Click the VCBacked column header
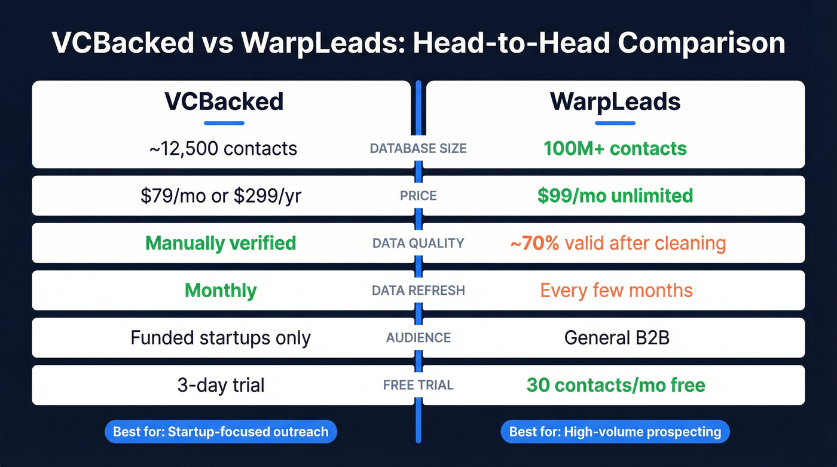(224, 102)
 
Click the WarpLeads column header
(615, 102)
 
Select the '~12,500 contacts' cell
(223, 148)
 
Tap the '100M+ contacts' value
(615, 148)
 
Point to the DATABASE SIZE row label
(418, 148)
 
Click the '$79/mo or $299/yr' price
(221, 196)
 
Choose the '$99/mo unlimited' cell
(615, 196)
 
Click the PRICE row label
(418, 196)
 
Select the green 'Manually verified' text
(221, 243)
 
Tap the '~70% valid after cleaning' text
(617, 243)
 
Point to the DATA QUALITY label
(418, 243)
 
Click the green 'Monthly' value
(221, 291)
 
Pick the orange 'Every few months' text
(616, 291)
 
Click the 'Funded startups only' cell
(221, 338)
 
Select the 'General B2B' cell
(616, 338)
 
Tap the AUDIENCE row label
(418, 338)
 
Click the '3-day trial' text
(221, 385)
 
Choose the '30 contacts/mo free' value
(616, 385)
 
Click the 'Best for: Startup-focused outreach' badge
(221, 432)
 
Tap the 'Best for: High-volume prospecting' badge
(615, 432)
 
